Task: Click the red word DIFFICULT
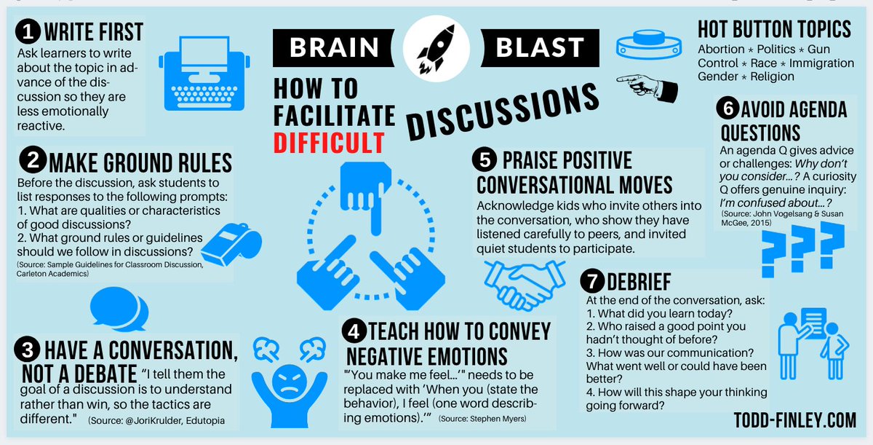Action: tap(330, 142)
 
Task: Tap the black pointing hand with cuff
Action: tap(647, 86)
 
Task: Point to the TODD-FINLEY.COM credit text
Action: tap(795, 420)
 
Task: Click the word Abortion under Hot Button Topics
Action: tap(721, 50)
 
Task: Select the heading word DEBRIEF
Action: tap(639, 282)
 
